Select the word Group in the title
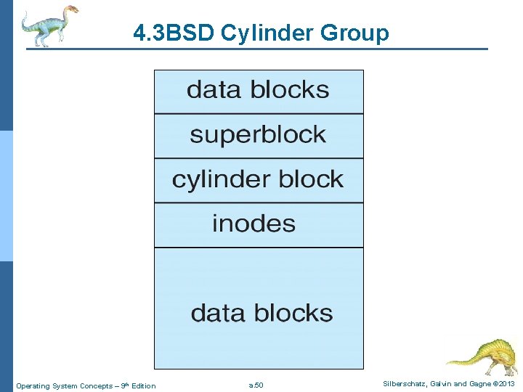(357, 33)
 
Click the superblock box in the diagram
(258, 135)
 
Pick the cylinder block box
(258, 179)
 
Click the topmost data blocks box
(258, 91)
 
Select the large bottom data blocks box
(259, 309)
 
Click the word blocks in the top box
(290, 90)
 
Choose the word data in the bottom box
(216, 314)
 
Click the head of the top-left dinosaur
(70, 9)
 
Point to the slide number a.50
(256, 385)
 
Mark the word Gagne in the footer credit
(474, 384)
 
